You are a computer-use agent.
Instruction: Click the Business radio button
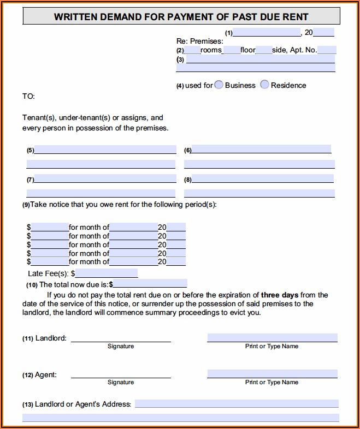coord(219,85)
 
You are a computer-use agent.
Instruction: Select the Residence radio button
coord(264,85)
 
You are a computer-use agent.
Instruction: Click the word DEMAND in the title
coord(119,17)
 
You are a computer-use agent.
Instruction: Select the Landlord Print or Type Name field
coord(272,338)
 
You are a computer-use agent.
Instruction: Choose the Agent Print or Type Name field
coord(272,374)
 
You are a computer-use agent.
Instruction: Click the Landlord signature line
coord(121,338)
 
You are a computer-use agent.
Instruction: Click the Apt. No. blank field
coord(326,50)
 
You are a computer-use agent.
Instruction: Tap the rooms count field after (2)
coord(192,50)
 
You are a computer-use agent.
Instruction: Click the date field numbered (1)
coord(267,32)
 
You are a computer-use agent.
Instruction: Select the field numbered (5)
coord(105,150)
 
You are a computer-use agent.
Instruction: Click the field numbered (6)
coord(262,149)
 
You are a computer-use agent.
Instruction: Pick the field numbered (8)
coord(262,178)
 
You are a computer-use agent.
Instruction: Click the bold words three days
coord(279,295)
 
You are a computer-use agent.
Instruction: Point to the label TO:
coord(28,96)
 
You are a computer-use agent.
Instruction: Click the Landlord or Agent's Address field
coord(237,404)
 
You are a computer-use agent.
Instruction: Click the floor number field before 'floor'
coord(232,50)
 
